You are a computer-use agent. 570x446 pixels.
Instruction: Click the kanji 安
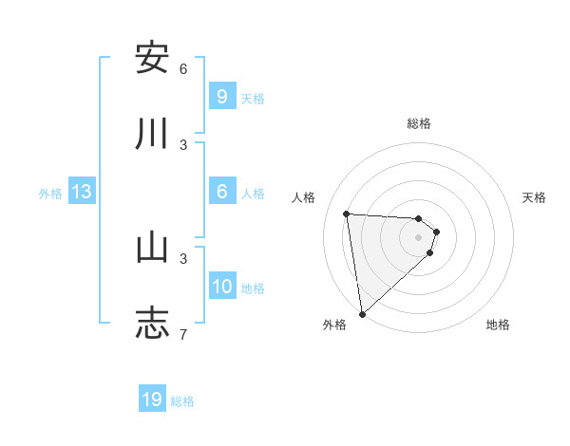152,58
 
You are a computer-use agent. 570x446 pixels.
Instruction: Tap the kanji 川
152,134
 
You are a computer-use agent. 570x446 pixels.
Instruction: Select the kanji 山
152,248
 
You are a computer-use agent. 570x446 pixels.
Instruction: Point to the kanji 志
152,323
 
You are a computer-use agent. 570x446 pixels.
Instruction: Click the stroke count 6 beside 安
183,69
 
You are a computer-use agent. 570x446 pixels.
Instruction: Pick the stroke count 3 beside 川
183,144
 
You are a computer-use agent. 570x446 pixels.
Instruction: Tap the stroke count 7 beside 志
183,334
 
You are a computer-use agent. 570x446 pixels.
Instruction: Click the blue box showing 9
221,97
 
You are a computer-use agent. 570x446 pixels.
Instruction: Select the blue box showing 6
221,192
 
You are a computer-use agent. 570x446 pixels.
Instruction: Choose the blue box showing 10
222,287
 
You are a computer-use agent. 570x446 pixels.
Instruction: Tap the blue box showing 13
82,193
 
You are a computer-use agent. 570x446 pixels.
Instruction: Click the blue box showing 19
152,400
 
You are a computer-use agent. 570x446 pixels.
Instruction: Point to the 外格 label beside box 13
50,194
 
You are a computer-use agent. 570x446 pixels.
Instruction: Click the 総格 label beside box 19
182,401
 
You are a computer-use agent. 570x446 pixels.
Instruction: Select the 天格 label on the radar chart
534,197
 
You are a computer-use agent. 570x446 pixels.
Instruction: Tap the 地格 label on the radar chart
498,325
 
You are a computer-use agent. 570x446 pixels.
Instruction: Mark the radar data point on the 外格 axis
362,313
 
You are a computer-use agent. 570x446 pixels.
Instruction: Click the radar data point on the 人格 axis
347,214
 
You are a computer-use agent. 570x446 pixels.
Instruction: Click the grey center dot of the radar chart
419,237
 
